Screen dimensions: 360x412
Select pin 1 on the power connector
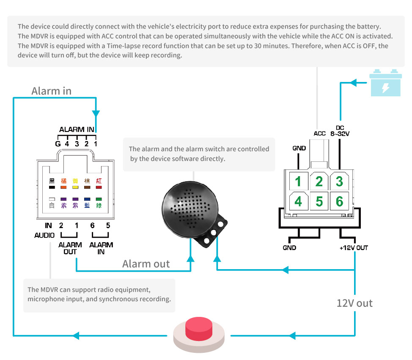coord(298,182)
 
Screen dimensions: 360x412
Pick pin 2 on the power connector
coord(319,182)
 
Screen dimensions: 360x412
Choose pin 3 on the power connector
coord(339,182)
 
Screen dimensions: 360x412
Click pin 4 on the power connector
coord(298,202)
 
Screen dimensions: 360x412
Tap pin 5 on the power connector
coord(319,202)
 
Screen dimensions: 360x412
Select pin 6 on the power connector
coord(339,202)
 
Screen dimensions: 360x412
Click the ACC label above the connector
coord(319,134)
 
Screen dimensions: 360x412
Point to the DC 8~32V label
coord(340,131)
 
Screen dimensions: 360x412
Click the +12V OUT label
coord(353,248)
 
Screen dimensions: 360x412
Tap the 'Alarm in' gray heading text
coord(51,91)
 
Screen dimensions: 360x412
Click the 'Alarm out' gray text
coord(146,264)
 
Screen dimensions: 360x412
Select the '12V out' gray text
coord(354,303)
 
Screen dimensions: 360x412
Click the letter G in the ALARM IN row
coord(58,144)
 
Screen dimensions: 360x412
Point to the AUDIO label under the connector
coord(44,235)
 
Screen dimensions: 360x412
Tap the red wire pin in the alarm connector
coord(99,186)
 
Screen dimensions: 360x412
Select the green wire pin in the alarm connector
coord(99,199)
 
